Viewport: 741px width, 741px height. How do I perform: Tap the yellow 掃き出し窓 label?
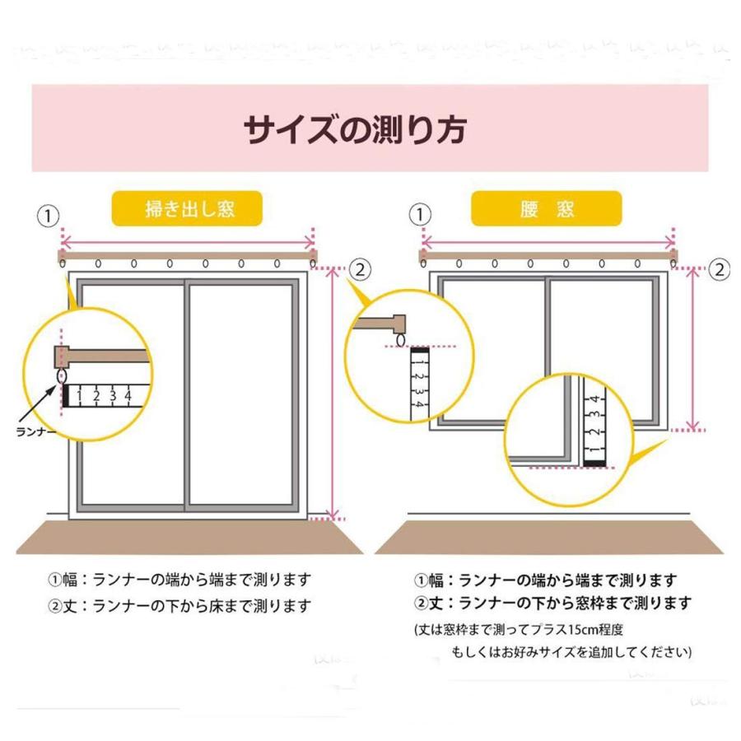pos(188,209)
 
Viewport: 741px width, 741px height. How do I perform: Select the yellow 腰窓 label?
pos(547,209)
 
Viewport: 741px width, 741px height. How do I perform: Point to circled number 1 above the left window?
pos(49,217)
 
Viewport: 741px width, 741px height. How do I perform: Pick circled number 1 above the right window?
pos(421,215)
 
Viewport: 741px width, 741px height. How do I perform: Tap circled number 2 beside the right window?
pos(719,268)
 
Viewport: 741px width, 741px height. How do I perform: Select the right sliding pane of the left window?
pos(240,395)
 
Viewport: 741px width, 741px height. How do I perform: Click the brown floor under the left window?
pos(189,536)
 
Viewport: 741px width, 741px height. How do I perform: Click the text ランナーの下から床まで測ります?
pos(203,606)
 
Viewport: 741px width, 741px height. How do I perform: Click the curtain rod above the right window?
pos(547,255)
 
